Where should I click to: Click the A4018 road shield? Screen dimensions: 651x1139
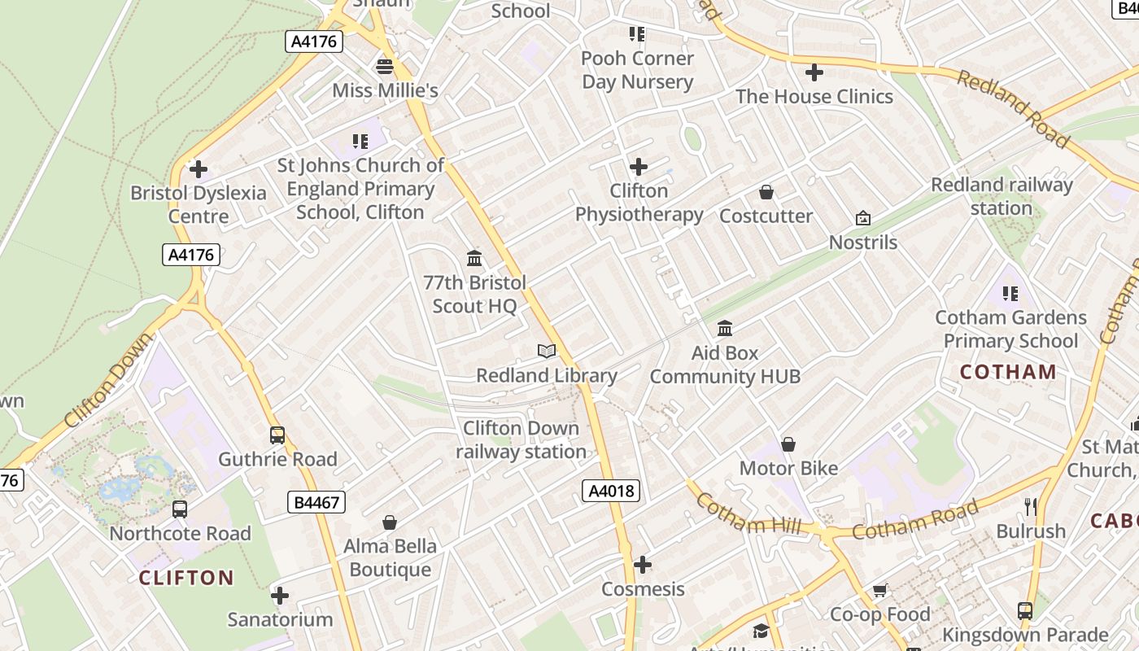[x=611, y=491]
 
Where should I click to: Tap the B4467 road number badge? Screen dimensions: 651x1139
[x=316, y=502]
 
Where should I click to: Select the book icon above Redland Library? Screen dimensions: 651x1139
[x=547, y=352]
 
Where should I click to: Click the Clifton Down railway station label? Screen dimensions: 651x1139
[x=521, y=439]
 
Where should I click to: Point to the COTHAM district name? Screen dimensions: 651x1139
[x=1008, y=372]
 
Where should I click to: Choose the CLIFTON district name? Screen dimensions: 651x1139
[x=186, y=578]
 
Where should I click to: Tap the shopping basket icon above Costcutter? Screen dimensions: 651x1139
[x=766, y=192]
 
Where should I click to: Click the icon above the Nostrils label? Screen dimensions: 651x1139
[x=863, y=218]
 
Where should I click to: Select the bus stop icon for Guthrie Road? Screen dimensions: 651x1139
[x=277, y=435]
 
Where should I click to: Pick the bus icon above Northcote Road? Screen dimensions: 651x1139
[x=180, y=509]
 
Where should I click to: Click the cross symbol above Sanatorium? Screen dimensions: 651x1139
[x=280, y=596]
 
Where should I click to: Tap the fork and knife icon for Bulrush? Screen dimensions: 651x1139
[x=1031, y=507]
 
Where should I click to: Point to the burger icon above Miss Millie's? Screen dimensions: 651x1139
[x=385, y=66]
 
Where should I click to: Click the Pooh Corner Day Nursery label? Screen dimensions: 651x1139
[x=637, y=70]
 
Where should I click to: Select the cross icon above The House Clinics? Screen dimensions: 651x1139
[x=814, y=72]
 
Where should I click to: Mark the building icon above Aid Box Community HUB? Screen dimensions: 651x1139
[x=725, y=329]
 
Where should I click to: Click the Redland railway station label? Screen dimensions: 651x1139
[x=1002, y=196]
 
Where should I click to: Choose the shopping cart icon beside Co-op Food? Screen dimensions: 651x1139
[x=879, y=590]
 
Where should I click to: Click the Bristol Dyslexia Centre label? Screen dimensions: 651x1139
[x=199, y=204]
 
